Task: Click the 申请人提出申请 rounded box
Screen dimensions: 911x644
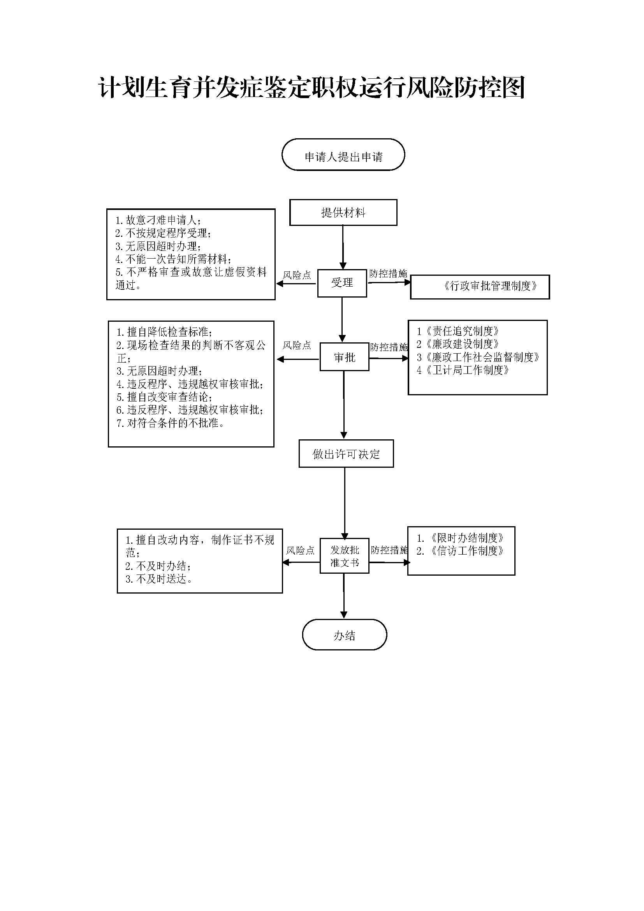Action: tap(343, 155)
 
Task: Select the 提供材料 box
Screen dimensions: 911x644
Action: tap(343, 213)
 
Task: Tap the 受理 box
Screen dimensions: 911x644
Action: tap(342, 283)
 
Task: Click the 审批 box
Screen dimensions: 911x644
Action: tap(344, 358)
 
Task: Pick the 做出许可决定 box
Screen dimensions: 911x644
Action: tap(346, 454)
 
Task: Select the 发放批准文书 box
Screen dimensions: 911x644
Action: tap(344, 556)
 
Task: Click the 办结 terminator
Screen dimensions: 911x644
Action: tap(344, 636)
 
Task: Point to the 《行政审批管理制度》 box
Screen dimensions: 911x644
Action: tap(480, 286)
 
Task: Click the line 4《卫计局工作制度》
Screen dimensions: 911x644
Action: tap(463, 370)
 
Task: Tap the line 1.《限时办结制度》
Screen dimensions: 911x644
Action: tap(460, 538)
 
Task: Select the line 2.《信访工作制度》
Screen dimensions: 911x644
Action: tap(460, 551)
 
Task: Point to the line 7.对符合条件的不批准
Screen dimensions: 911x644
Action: tap(171, 423)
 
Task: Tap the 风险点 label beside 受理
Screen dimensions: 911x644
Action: tap(297, 275)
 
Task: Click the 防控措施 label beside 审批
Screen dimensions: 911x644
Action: tap(389, 347)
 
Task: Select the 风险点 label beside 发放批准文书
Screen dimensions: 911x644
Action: tap(300, 550)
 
